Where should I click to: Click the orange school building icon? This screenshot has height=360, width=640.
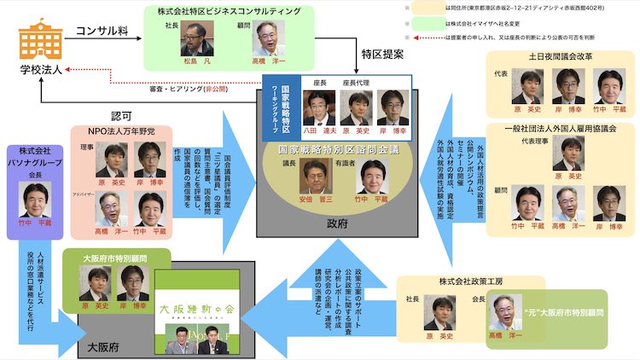[x=38, y=42]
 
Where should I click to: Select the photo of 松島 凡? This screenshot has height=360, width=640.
[x=197, y=38]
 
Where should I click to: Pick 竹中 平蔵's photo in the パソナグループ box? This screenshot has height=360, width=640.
[x=37, y=199]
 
